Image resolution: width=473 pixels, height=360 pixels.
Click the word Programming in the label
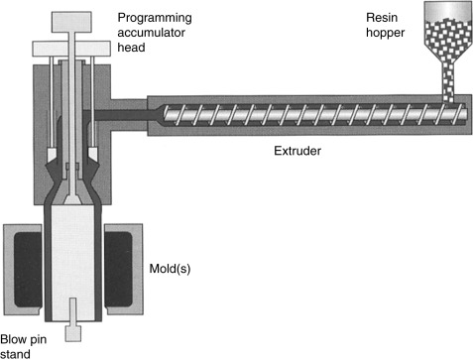(155, 19)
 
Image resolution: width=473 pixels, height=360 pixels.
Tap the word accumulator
(151, 33)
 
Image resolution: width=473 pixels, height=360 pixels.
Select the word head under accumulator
(131, 47)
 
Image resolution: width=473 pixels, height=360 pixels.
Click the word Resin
(382, 18)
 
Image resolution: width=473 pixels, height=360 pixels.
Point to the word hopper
(386, 33)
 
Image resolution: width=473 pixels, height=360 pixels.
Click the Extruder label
(297, 151)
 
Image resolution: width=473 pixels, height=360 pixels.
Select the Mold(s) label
(170, 269)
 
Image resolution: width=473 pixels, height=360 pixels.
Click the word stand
(15, 354)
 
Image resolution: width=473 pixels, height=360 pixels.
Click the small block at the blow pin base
(73, 333)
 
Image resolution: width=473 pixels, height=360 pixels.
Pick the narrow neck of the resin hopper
(448, 82)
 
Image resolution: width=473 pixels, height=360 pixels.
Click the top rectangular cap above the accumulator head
(71, 22)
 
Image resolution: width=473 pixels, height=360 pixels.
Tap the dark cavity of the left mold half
(28, 270)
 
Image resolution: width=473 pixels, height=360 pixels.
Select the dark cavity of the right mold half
(119, 270)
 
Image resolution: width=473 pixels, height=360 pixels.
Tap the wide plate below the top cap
(71, 49)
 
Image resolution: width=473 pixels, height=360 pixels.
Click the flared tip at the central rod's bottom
(72, 199)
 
